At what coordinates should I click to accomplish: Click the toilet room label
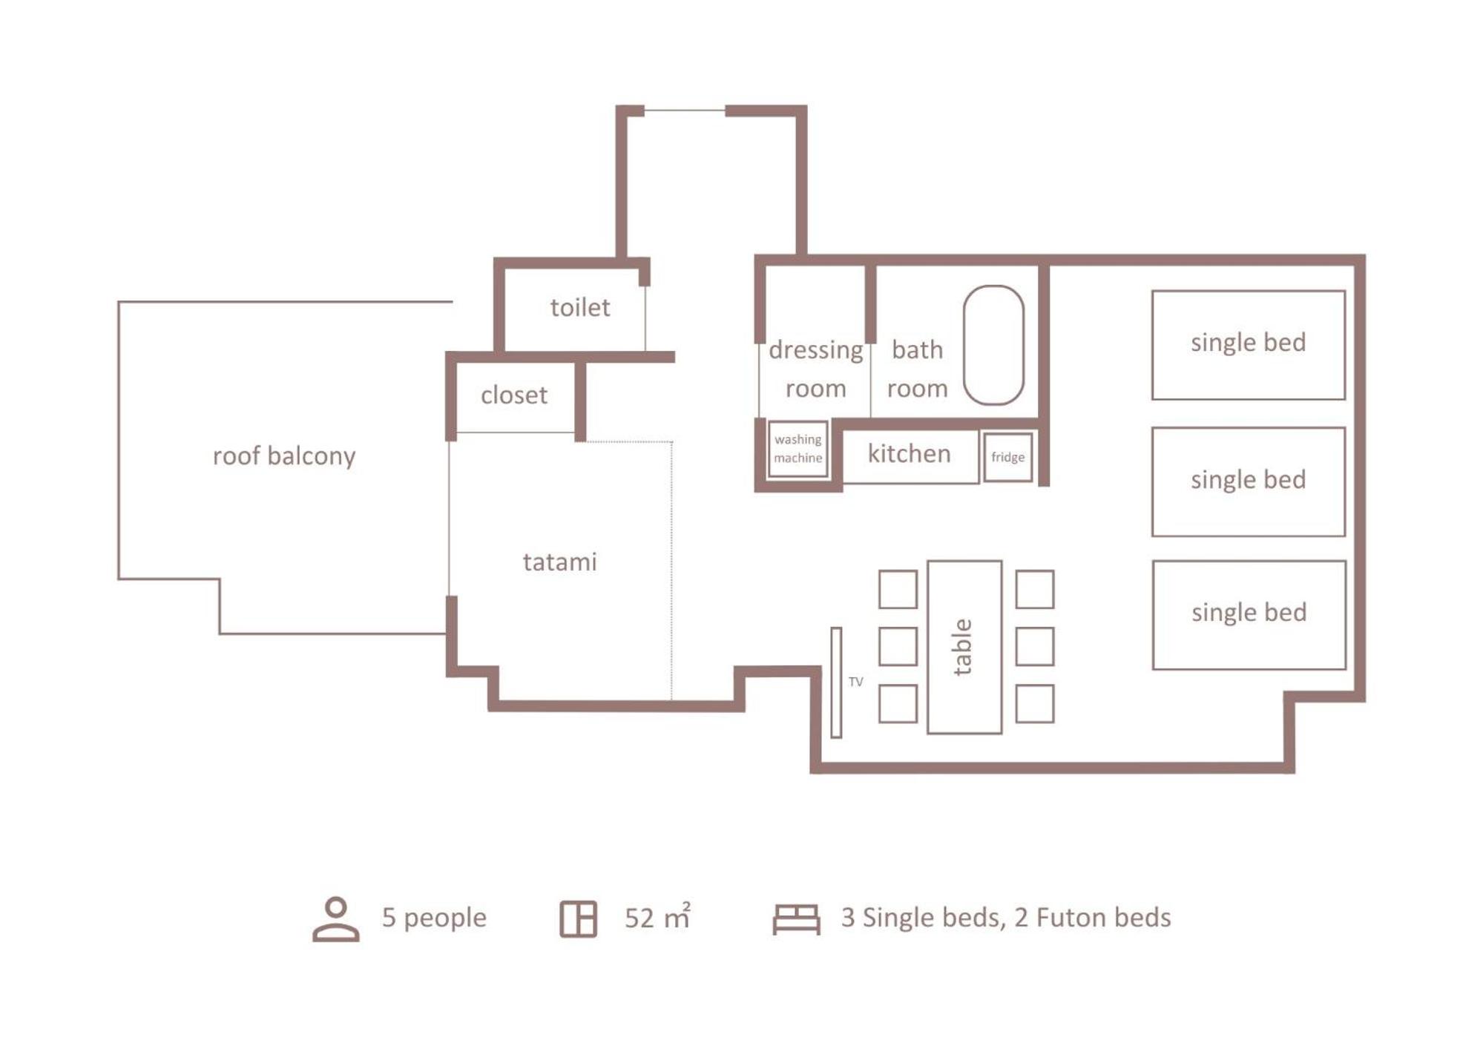(x=579, y=307)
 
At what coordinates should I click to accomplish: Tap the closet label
(x=513, y=395)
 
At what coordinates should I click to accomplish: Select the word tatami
(x=559, y=562)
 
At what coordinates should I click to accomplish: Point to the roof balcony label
(x=284, y=456)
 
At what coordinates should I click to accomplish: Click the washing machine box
(x=798, y=449)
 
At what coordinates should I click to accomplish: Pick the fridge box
(x=1007, y=457)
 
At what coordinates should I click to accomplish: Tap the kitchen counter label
(x=909, y=453)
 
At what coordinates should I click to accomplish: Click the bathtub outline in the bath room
(x=993, y=345)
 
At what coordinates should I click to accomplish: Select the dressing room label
(x=815, y=369)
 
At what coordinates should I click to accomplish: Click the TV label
(x=855, y=682)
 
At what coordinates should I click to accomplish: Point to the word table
(x=961, y=647)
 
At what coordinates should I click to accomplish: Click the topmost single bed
(x=1248, y=345)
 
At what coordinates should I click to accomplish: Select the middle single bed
(x=1248, y=481)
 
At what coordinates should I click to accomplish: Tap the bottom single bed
(x=1249, y=615)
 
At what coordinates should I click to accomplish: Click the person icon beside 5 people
(x=336, y=919)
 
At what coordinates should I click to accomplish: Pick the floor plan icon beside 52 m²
(x=578, y=919)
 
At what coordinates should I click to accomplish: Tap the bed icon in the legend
(x=796, y=919)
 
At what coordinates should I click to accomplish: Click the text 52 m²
(x=657, y=917)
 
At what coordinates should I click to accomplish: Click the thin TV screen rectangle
(x=836, y=683)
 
